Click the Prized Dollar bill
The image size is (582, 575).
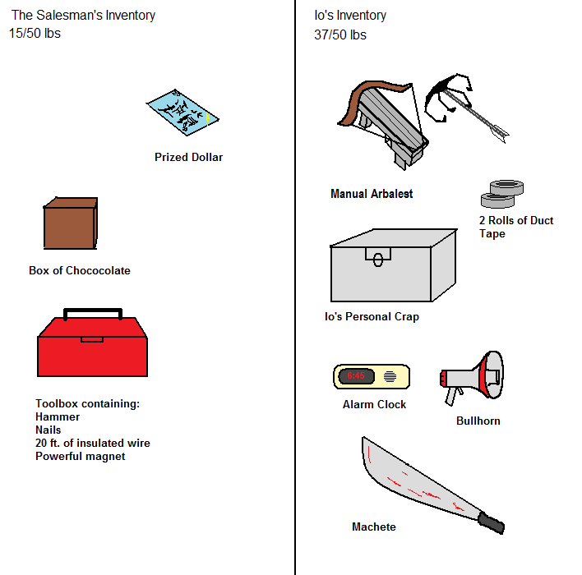184,114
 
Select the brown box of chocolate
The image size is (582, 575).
70,223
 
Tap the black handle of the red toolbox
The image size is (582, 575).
94,312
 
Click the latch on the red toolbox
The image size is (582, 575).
92,338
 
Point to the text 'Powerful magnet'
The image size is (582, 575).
81,456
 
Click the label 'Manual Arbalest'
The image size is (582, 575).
372,194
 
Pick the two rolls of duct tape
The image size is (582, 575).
501,193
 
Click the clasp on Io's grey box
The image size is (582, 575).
378,258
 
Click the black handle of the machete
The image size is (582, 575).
492,522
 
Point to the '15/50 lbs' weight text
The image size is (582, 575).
35,34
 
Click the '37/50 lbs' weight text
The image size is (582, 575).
340,34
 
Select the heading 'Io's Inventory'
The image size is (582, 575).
350,15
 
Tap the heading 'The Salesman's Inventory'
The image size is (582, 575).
83,15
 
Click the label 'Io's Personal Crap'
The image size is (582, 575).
372,316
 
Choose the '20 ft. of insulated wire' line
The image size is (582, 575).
93,443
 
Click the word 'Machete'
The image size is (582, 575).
373,527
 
